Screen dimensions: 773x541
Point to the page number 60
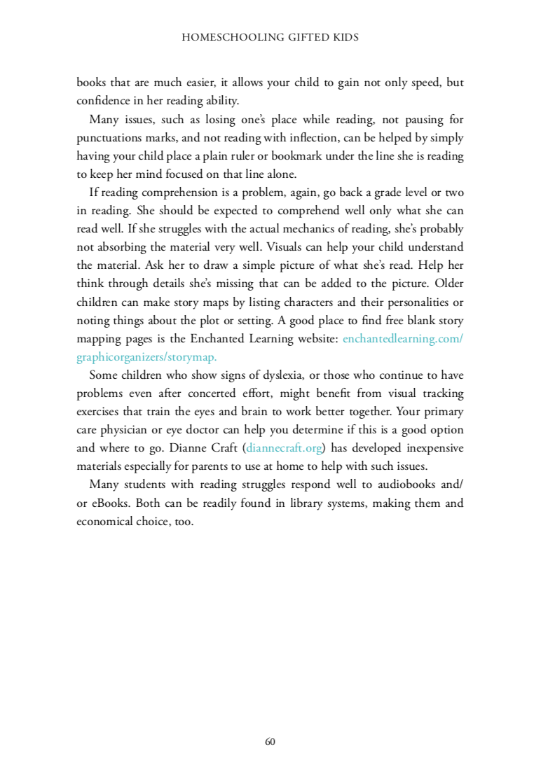pos(270,741)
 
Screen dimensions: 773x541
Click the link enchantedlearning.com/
pos(403,338)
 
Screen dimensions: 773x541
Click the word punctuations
pos(106,138)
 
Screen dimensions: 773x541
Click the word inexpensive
pos(428,447)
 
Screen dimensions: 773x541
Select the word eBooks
pos(108,502)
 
